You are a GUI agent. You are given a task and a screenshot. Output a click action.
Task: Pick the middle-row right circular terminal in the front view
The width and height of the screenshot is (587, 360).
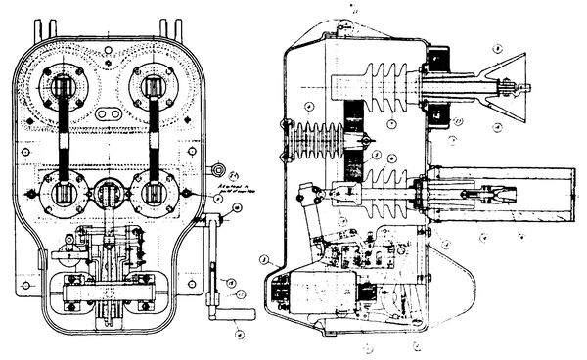coord(155,193)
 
